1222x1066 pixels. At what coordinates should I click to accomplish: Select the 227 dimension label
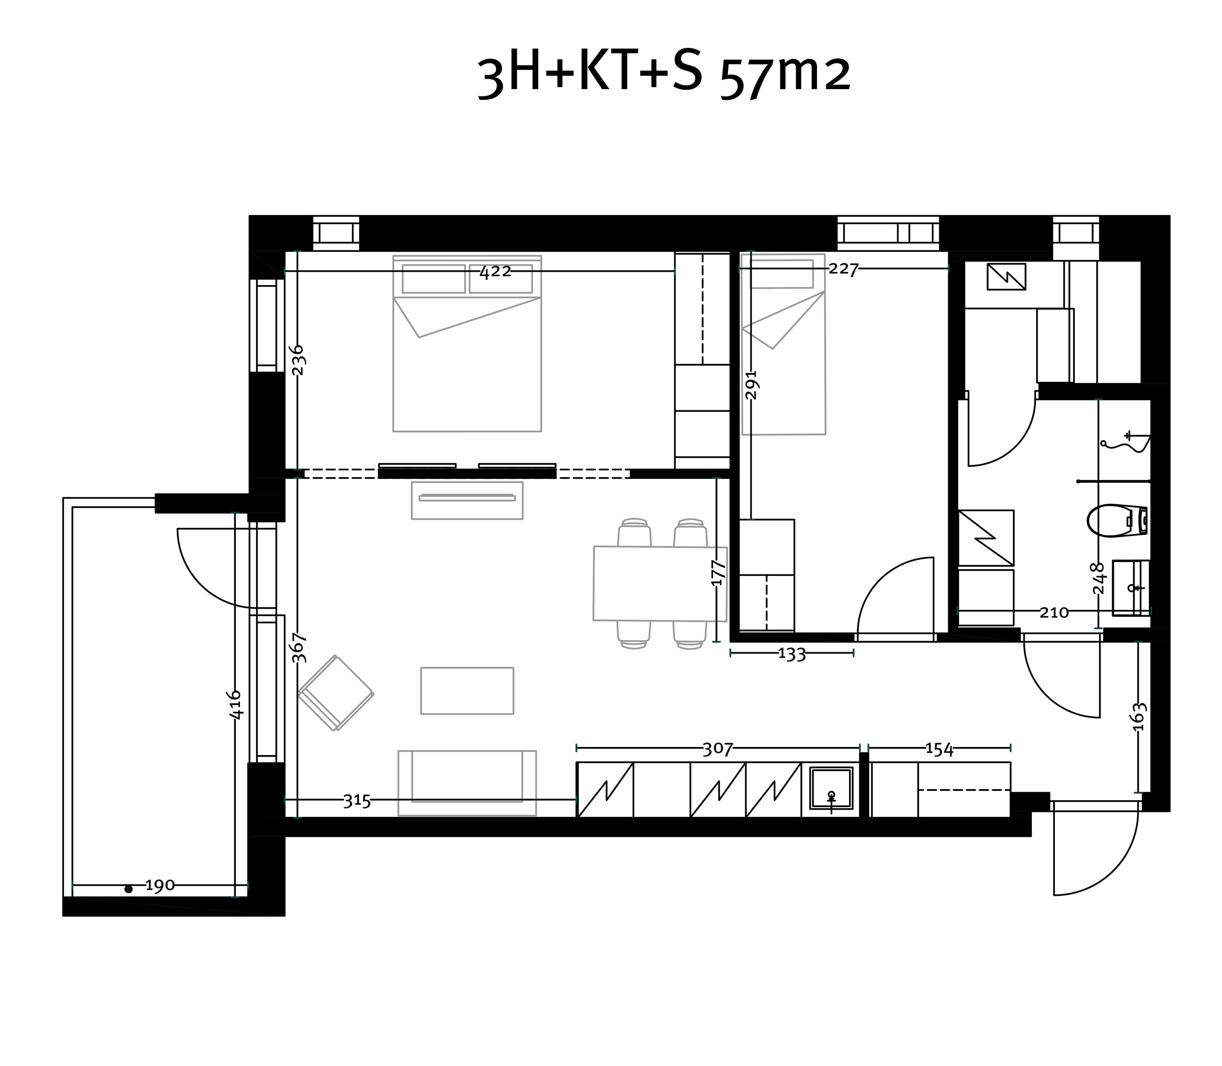(844, 269)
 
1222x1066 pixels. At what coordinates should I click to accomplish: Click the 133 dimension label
(792, 654)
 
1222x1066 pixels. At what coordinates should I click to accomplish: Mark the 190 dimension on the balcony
(160, 886)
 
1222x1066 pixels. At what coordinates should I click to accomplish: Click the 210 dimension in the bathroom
(1054, 612)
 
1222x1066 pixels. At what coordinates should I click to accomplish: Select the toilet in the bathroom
(1117, 520)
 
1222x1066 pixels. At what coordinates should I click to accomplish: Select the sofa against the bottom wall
(467, 783)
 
